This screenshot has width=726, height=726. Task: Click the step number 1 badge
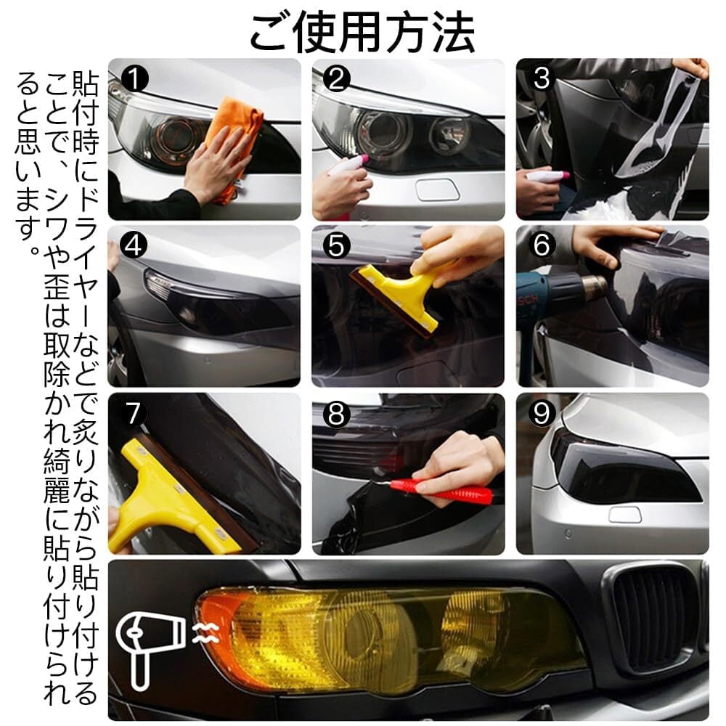tap(135, 78)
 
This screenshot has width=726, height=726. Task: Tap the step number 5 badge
tap(337, 245)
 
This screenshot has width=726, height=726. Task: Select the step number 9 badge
tap(542, 413)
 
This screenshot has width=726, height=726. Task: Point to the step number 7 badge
tap(134, 412)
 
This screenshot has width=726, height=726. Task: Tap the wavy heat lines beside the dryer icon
tap(205, 633)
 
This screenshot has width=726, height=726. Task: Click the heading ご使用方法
tap(362, 33)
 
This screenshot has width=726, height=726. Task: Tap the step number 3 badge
tap(542, 78)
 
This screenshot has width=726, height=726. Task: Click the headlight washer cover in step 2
tap(437, 189)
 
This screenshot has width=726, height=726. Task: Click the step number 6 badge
tap(542, 245)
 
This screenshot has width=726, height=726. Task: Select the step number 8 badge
tap(337, 413)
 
